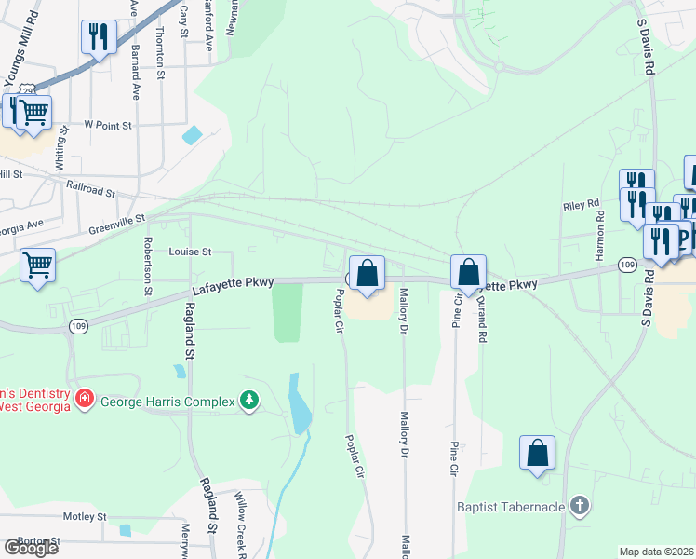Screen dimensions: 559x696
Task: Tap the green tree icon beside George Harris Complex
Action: [x=249, y=401]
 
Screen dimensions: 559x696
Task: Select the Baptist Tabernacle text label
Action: [x=511, y=508]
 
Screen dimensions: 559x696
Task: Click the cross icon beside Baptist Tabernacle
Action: [x=580, y=507]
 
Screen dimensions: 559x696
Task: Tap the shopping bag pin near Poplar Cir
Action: [x=368, y=274]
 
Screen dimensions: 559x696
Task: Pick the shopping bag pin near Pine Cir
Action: [x=469, y=273]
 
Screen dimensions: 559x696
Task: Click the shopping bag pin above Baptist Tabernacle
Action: [x=538, y=454]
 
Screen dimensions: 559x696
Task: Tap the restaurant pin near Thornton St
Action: [x=98, y=37]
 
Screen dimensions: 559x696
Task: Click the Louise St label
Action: [x=191, y=252]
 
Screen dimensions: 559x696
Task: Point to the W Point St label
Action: [x=109, y=124]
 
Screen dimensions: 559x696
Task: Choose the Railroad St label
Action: [x=90, y=189]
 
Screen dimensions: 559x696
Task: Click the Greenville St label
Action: [x=117, y=223]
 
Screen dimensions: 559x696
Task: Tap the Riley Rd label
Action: [x=578, y=207]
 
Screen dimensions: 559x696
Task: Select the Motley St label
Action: [x=86, y=516]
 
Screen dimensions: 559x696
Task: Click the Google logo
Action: [x=31, y=548]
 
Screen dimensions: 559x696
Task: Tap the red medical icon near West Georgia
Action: [x=85, y=399]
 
